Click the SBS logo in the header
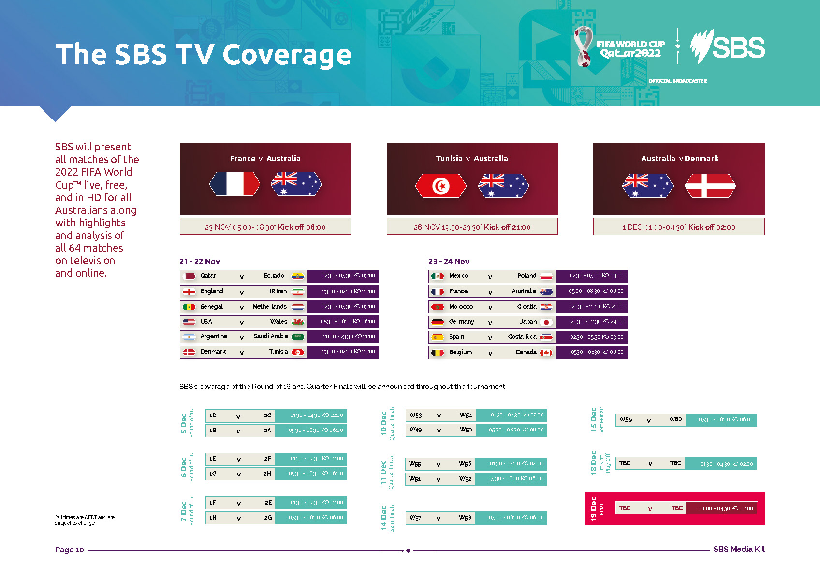pyautogui.click(x=728, y=47)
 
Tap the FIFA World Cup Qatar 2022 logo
pyautogui.click(x=619, y=47)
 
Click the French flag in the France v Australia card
pyautogui.click(x=234, y=184)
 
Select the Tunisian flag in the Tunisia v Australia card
pyautogui.click(x=440, y=186)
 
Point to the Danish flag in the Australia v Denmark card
pyautogui.click(x=710, y=186)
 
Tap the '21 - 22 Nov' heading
pyautogui.click(x=199, y=262)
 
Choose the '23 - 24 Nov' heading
pyautogui.click(x=448, y=262)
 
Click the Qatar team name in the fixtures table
pyautogui.click(x=208, y=276)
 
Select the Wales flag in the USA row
pyautogui.click(x=298, y=322)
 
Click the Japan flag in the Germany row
pyautogui.click(x=546, y=322)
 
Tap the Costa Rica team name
pyautogui.click(x=522, y=337)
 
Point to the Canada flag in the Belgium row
pyautogui.click(x=546, y=352)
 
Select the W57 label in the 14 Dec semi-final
pyautogui.click(x=415, y=518)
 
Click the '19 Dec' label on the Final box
pyautogui.click(x=593, y=508)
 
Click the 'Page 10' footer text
pyautogui.click(x=70, y=550)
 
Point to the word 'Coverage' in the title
pyautogui.click(x=287, y=54)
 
